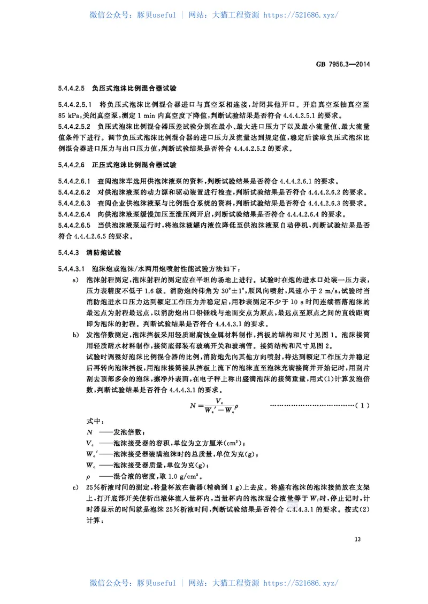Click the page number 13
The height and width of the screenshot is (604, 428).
coord(358,539)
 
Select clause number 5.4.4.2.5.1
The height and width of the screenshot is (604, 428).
coord(75,105)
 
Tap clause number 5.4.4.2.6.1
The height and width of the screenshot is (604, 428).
coord(75,181)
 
